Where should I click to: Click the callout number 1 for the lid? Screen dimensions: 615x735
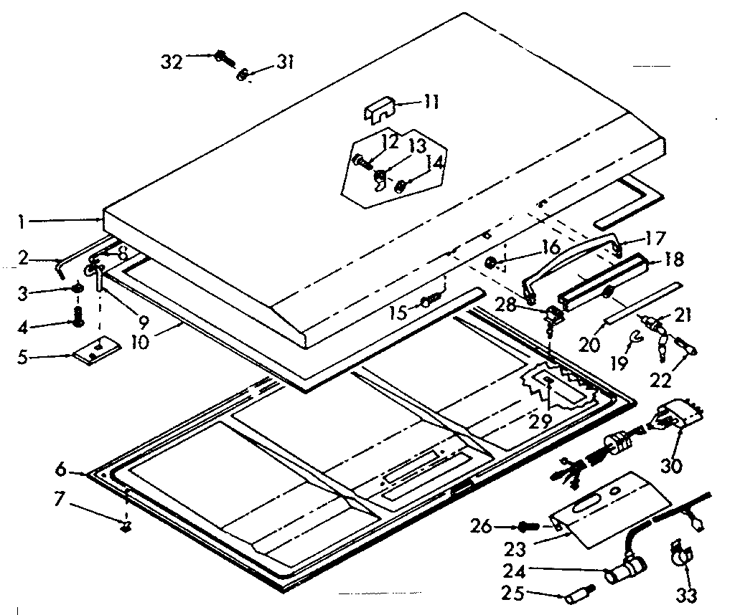(x=22, y=222)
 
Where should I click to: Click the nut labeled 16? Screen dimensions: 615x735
(x=492, y=262)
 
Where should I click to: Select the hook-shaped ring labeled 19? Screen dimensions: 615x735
(x=634, y=337)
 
